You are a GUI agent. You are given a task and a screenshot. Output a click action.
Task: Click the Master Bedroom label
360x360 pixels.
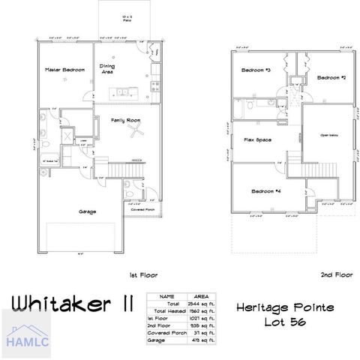(x=64, y=70)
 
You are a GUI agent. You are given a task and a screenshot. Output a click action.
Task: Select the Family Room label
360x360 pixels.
(x=125, y=119)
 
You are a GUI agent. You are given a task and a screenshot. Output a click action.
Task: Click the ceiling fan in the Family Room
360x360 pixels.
(x=136, y=133)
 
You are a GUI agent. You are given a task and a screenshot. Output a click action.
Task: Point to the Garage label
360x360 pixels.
(x=88, y=211)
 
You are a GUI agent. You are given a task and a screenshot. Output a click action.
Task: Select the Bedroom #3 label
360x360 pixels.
(x=255, y=70)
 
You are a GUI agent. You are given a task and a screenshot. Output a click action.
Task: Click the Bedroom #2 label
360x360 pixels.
(x=330, y=77)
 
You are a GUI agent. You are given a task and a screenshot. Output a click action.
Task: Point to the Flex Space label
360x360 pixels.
(x=257, y=139)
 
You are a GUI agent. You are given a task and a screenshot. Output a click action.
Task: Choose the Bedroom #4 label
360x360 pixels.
(x=266, y=191)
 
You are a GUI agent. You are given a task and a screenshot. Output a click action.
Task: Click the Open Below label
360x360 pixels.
(x=330, y=135)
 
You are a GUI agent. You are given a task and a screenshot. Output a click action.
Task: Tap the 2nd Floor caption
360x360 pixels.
(x=335, y=274)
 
